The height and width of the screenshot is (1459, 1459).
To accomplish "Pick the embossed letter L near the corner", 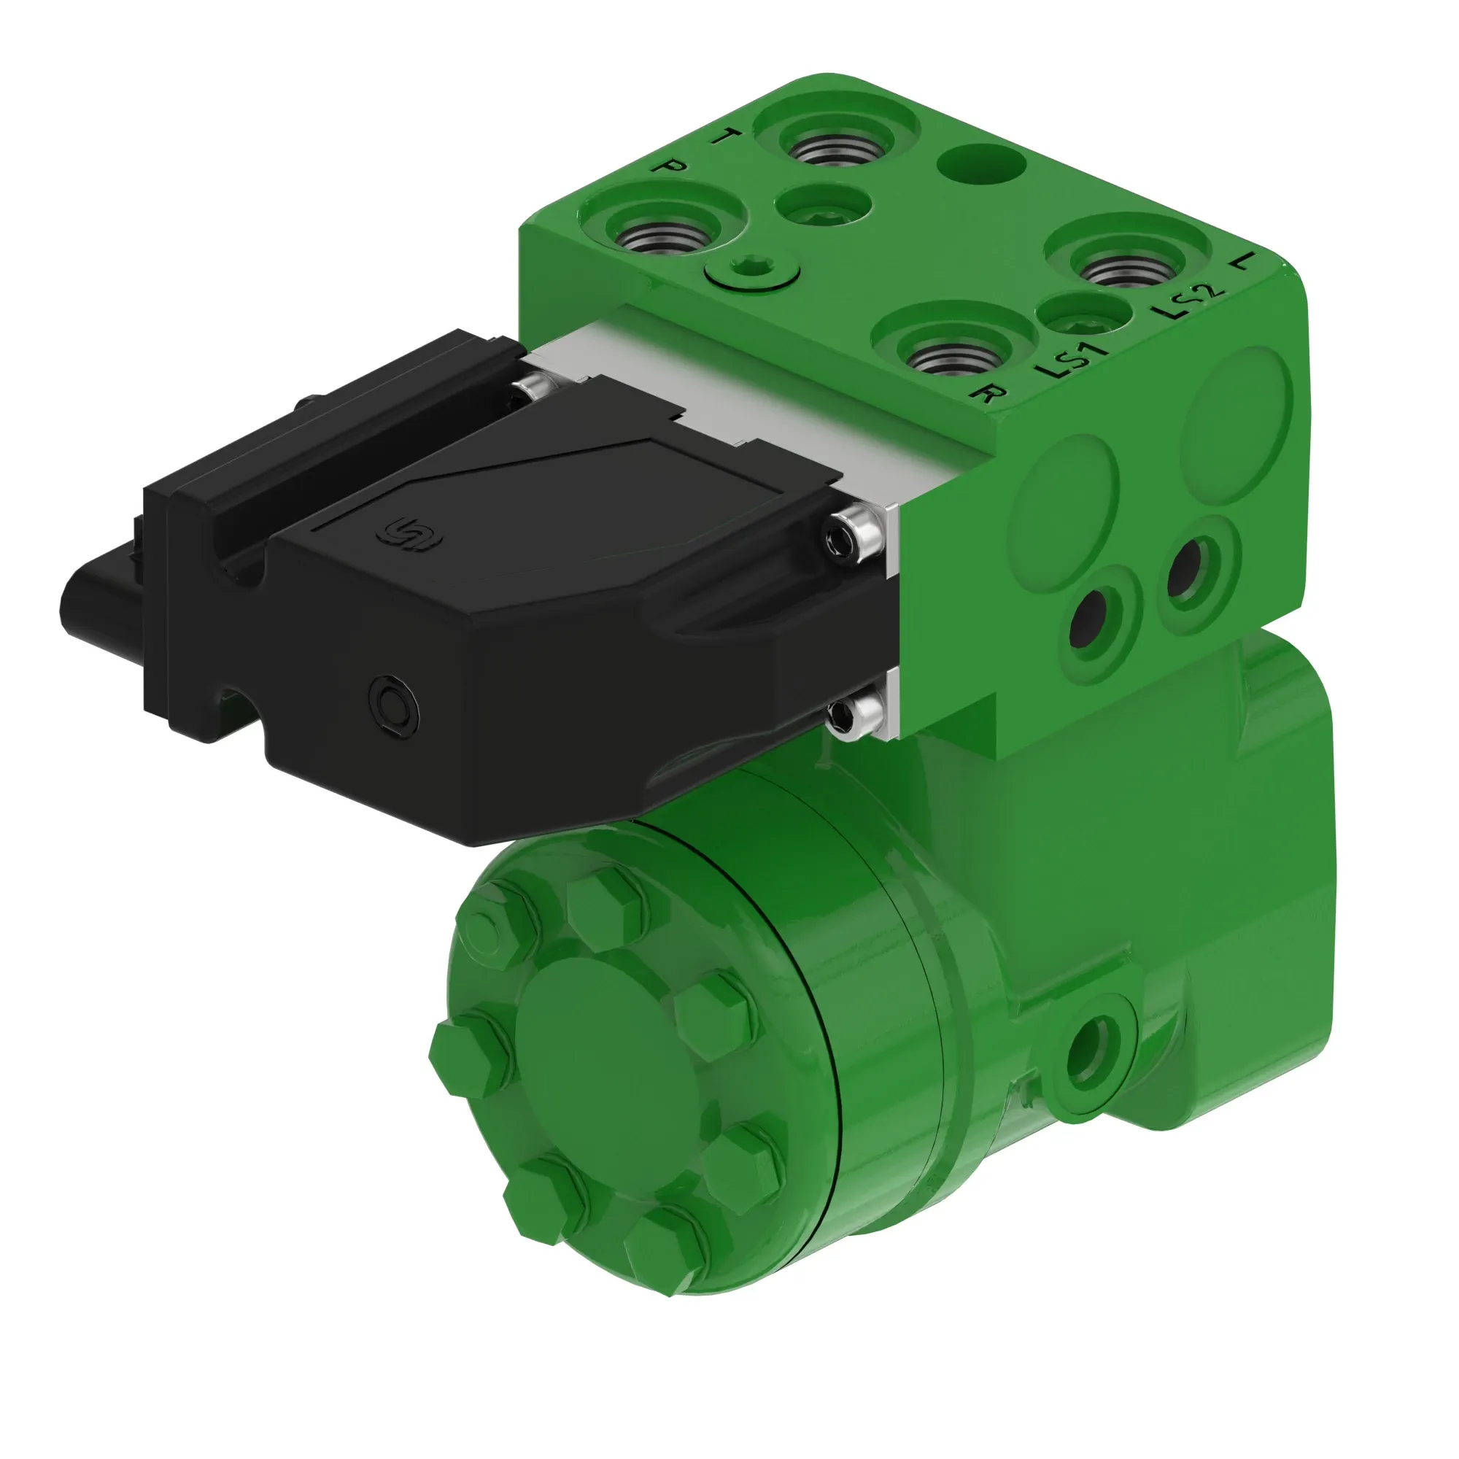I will [x=1242, y=261].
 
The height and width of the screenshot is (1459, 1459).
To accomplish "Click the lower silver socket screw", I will [x=852, y=712].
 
